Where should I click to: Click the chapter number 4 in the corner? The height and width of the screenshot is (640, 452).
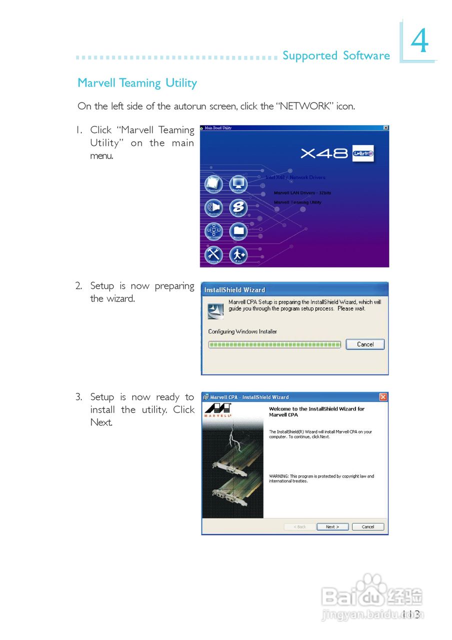(420, 42)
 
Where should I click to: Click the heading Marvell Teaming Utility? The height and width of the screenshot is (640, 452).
(137, 83)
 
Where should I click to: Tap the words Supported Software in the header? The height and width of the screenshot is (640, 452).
(336, 55)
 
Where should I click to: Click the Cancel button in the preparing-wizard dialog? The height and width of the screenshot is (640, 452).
(365, 344)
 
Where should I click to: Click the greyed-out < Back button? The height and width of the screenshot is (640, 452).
(299, 527)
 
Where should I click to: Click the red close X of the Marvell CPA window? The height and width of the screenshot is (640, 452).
(383, 397)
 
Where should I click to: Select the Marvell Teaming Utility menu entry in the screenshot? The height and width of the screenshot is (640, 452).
(297, 202)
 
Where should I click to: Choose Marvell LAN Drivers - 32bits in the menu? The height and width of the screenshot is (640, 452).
(302, 193)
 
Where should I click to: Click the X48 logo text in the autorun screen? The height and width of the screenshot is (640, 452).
(324, 153)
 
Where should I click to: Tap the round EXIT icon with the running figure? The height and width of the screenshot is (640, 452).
(238, 255)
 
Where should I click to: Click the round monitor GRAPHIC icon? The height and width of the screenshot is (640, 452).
(238, 184)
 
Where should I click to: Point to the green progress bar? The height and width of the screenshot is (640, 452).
(274, 344)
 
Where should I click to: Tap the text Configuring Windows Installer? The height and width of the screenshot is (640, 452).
(242, 331)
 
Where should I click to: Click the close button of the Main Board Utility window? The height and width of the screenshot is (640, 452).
(385, 128)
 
